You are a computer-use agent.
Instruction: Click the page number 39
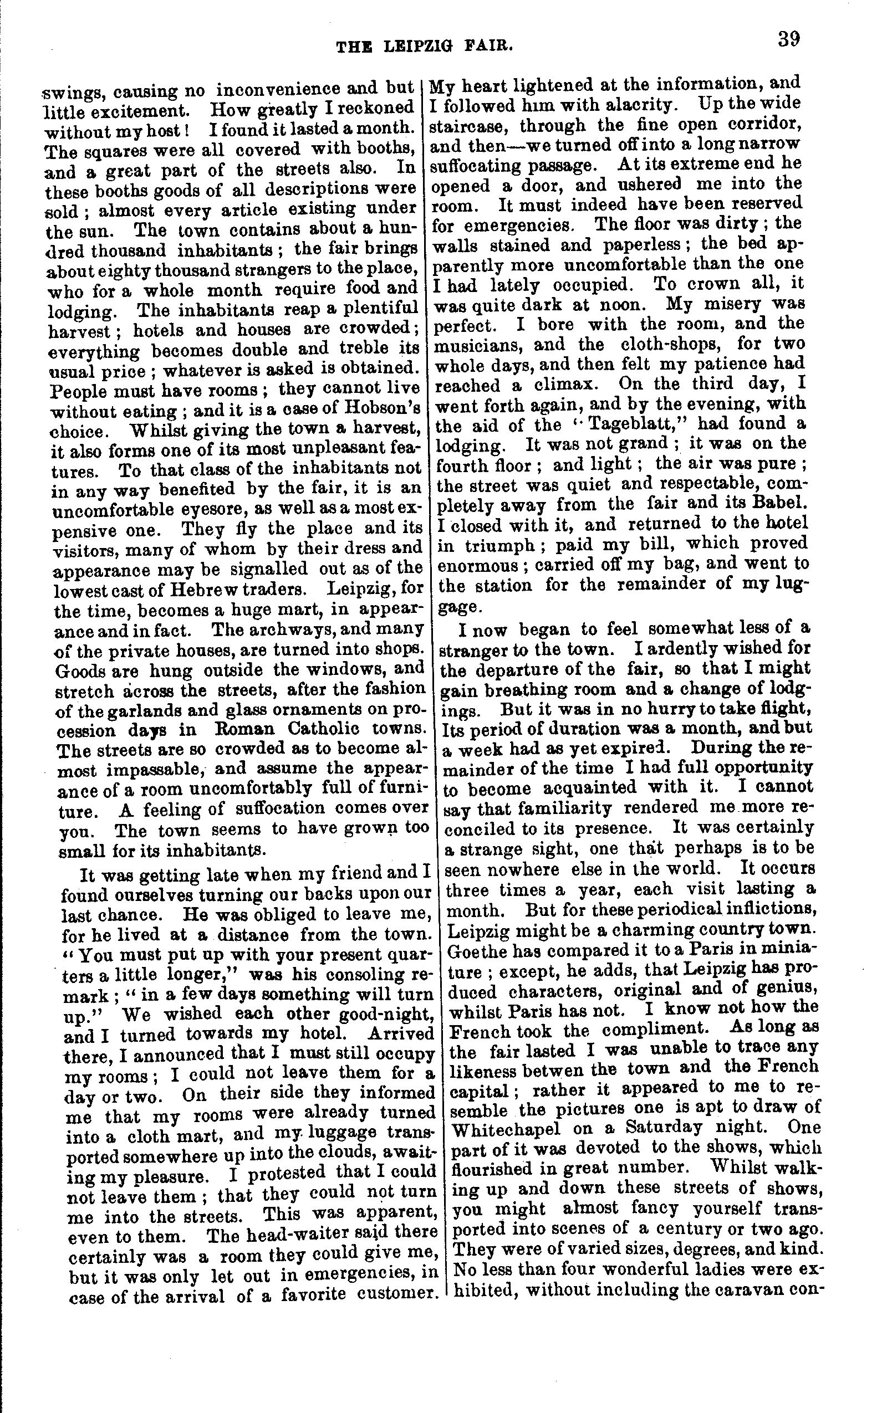[788, 40]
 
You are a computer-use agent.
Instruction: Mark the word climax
[560, 385]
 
